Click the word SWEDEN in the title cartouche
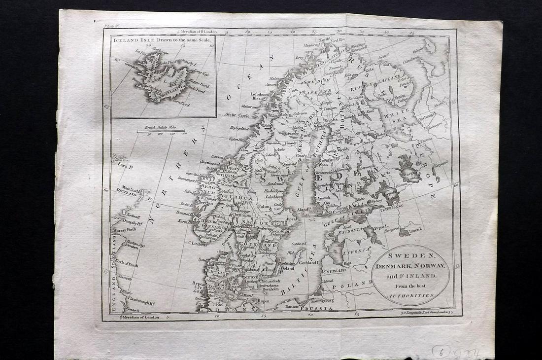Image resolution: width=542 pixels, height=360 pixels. pos(410,256)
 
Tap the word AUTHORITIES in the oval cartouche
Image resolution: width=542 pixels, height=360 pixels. pos(410,295)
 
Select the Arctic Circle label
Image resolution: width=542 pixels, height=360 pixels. pos(237,114)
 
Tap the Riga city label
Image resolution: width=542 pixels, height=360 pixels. pos(348,263)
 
